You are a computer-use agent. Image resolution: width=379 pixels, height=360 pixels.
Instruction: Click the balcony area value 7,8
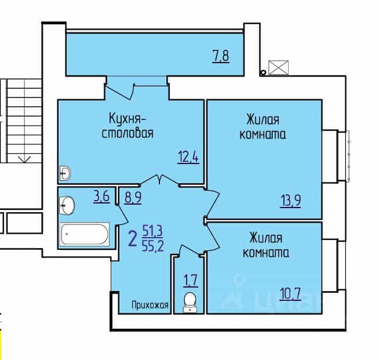[x=221, y=56]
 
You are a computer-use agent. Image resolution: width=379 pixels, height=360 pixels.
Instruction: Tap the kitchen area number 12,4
[x=188, y=157]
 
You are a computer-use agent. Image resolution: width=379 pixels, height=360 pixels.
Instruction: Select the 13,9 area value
[x=290, y=201]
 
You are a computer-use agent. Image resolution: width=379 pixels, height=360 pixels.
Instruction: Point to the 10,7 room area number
[x=290, y=294]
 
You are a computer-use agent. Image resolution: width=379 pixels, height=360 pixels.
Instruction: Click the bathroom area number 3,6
[x=101, y=197]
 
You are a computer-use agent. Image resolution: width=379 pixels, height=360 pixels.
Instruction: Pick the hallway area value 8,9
[x=133, y=198]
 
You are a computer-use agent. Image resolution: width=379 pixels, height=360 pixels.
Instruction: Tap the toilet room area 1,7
[x=191, y=281]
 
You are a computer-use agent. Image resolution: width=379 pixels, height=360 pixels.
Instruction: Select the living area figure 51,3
[x=152, y=231]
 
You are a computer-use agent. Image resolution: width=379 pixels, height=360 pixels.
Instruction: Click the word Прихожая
[x=150, y=306]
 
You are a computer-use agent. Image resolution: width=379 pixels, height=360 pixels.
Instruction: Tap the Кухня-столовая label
[x=127, y=126]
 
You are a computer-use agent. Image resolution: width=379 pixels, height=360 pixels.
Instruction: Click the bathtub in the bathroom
[x=85, y=234]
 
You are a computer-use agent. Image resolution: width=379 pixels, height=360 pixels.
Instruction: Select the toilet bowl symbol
[x=190, y=302]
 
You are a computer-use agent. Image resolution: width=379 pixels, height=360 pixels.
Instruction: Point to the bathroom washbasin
[x=67, y=205]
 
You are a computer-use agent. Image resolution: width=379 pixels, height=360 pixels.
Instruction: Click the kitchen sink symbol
[x=65, y=173]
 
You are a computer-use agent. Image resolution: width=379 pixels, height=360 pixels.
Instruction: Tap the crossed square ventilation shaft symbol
[x=278, y=67]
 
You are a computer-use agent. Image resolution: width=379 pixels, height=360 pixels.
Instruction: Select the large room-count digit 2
[x=133, y=239]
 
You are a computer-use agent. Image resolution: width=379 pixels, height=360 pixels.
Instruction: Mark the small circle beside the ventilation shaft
[x=263, y=72]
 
